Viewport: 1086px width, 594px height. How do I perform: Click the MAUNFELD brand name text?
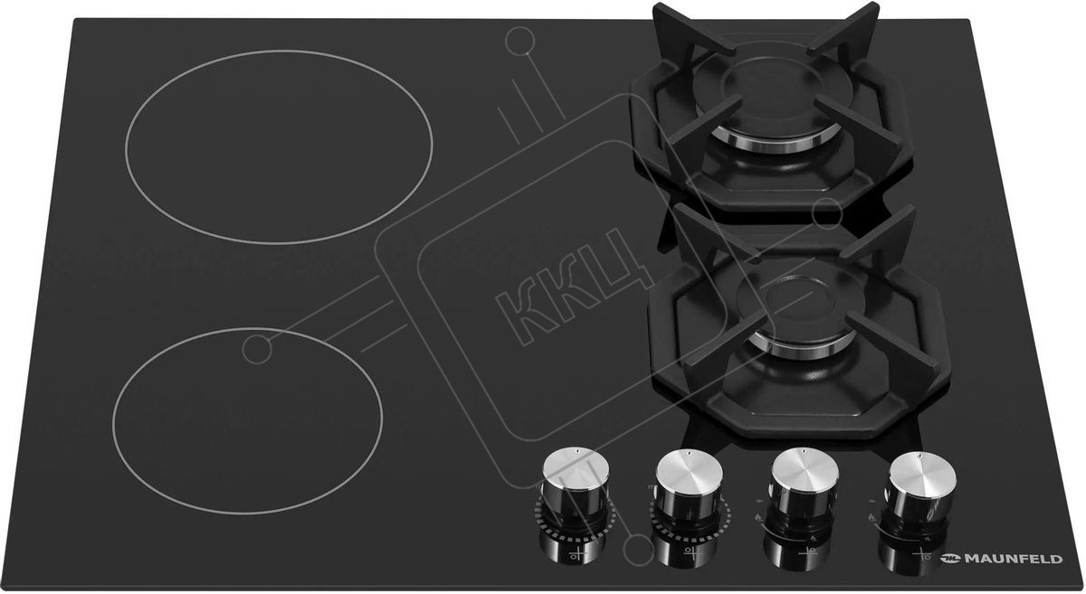pos(1013,559)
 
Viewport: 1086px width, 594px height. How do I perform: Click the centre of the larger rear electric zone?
pos(279,146)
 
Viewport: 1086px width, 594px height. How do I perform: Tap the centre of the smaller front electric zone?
pos(247,420)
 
